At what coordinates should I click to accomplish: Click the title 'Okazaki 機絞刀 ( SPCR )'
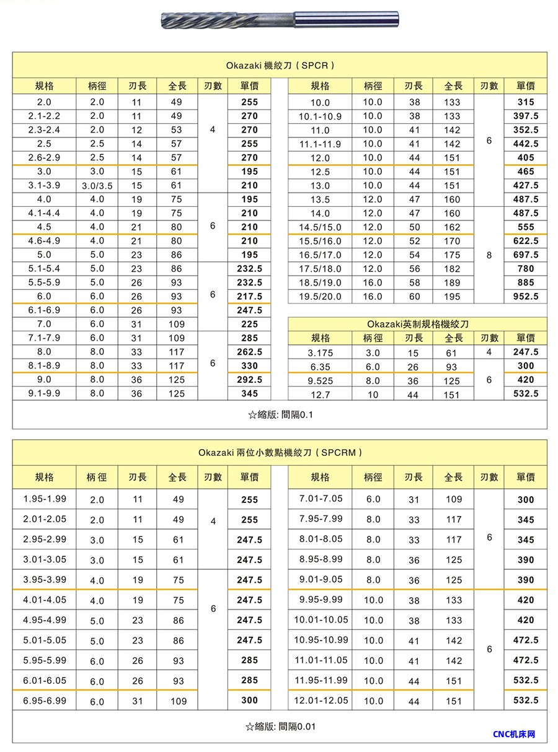tap(280, 65)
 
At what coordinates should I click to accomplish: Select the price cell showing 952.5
tap(526, 296)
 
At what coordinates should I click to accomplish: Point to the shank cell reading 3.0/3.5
tap(97, 186)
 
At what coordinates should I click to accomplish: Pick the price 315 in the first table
tap(526, 102)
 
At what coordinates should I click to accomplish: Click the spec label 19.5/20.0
tap(320, 296)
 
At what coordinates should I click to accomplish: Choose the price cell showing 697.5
tap(526, 255)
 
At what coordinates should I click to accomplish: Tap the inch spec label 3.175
tap(320, 352)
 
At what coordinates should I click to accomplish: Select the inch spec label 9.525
tap(320, 380)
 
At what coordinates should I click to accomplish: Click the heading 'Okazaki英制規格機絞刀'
tap(418, 324)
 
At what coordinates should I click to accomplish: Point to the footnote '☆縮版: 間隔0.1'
tap(280, 414)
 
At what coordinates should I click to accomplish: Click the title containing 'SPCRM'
tap(280, 453)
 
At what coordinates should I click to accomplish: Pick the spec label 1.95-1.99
tap(44, 499)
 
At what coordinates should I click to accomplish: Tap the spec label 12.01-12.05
tap(321, 701)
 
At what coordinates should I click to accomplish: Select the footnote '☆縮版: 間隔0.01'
tap(280, 727)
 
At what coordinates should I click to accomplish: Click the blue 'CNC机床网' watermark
tap(514, 735)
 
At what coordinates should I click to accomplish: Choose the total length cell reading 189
tap(453, 282)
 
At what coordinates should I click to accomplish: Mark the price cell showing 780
tap(526, 269)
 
